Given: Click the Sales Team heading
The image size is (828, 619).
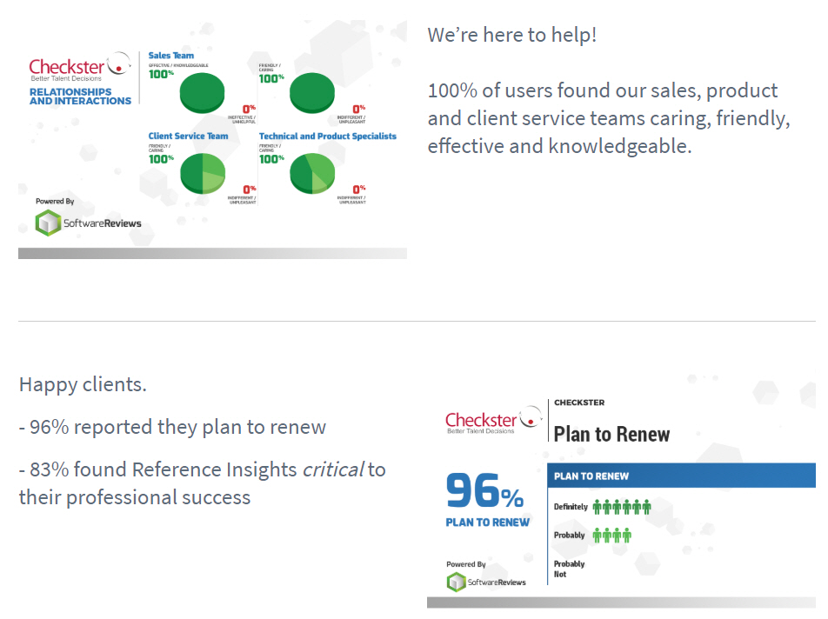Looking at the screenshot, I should pos(171,56).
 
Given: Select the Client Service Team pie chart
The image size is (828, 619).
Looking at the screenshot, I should pos(203,172).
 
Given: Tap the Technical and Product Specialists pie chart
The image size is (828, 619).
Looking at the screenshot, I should pos(312,172).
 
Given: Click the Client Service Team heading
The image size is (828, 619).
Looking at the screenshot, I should pos(188,136).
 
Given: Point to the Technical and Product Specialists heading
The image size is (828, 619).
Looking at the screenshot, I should pos(327,136).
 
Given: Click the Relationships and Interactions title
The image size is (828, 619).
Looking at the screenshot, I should pos(80,97).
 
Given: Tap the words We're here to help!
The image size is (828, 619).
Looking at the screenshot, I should pos(511,37).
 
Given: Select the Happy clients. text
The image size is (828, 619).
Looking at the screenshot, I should pos(83,384).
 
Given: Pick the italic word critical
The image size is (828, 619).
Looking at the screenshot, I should pos(332,469).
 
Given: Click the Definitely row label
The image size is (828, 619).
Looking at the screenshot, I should pos(571,507).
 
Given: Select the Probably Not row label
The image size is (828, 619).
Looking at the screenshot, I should pos(570,569).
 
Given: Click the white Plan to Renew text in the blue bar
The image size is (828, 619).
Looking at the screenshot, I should pos(591,476).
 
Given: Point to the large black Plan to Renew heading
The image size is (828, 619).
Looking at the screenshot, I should pos(612,434).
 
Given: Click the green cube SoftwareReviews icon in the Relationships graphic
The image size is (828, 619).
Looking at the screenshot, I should pos(48,223).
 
